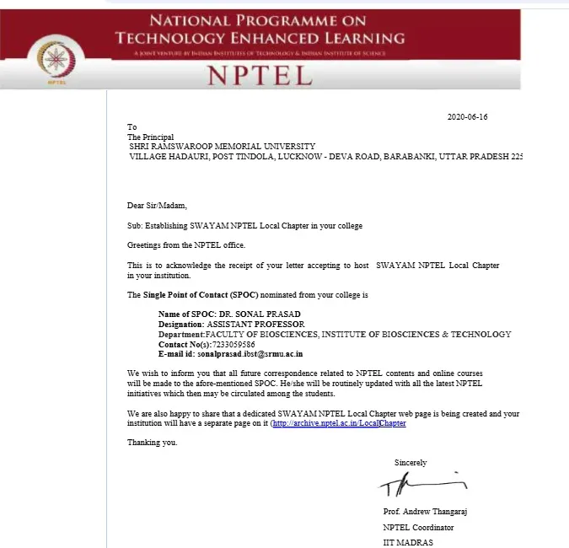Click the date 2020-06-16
467,116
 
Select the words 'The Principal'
150,137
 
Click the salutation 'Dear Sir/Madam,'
157,206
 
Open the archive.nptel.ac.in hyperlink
339,423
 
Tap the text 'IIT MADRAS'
407,542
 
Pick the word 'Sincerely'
411,462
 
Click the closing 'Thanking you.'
153,443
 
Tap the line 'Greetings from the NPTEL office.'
186,244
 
